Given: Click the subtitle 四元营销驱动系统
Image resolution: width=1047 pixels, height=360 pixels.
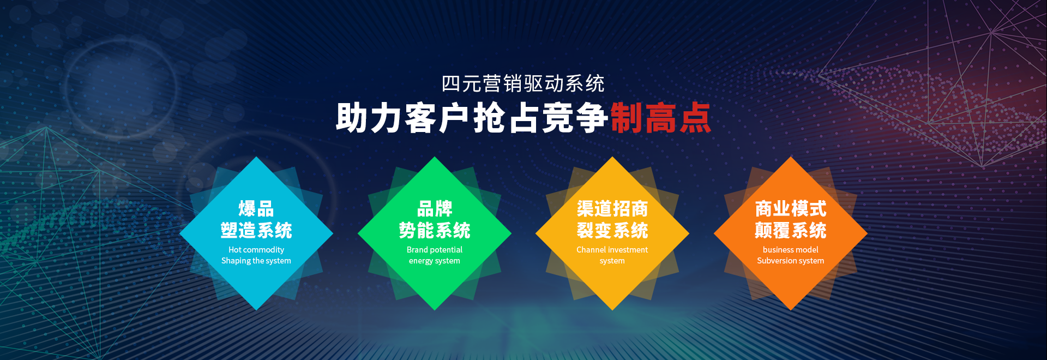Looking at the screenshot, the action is click(x=523, y=84).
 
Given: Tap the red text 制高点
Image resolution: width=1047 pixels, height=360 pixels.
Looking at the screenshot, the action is click(x=661, y=118).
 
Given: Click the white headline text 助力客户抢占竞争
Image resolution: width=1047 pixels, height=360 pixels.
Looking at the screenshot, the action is click(x=472, y=118).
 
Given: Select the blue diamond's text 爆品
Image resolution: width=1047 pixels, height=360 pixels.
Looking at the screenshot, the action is click(x=256, y=208).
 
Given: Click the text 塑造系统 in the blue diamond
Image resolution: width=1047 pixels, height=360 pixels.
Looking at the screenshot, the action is click(x=256, y=230).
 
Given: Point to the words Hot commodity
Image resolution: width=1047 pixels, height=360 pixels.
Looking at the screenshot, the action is click(x=256, y=250).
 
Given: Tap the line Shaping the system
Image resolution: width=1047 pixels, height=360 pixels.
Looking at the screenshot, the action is click(x=256, y=261).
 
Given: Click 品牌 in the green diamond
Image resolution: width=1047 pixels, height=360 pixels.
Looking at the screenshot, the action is click(x=435, y=208).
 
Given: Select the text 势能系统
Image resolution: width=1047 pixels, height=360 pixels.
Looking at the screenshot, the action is click(x=435, y=230).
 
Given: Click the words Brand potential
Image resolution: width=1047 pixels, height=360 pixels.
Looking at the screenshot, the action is click(x=435, y=250).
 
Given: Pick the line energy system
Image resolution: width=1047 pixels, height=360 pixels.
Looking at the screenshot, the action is click(x=435, y=261).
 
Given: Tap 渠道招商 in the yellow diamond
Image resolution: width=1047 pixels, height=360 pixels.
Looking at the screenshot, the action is click(x=612, y=208).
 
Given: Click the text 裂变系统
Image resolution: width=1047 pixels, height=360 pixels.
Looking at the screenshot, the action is click(x=612, y=230).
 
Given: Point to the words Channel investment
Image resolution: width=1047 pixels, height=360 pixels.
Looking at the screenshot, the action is click(x=612, y=250).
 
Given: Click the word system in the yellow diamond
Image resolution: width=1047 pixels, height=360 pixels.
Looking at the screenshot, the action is click(x=612, y=261).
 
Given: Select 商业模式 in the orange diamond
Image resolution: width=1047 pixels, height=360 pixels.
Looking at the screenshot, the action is click(x=791, y=208).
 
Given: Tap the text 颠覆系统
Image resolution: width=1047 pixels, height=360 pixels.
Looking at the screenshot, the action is click(x=791, y=230).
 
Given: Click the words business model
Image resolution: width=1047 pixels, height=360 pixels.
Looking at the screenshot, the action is click(x=791, y=250).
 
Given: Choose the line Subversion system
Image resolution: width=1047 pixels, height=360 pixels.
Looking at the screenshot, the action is click(x=791, y=261).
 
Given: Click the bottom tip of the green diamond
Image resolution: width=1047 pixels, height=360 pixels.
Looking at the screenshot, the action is click(x=435, y=310).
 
